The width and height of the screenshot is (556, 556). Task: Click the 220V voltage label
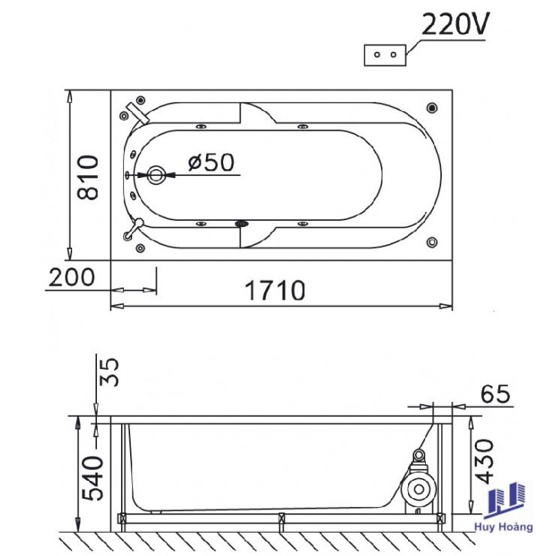(x=455, y=24)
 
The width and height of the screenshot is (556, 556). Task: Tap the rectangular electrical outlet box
(x=385, y=55)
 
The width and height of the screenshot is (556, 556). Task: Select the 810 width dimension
(x=88, y=177)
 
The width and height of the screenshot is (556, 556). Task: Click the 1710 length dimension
(x=275, y=291)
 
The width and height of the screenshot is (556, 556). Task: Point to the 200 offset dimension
(x=71, y=277)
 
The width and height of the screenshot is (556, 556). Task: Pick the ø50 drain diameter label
(x=211, y=162)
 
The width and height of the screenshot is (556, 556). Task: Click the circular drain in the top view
(x=156, y=175)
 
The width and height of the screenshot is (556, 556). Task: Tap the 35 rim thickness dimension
(x=109, y=372)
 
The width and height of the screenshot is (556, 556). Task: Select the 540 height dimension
(x=92, y=478)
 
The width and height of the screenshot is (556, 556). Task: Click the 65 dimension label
(x=495, y=394)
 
